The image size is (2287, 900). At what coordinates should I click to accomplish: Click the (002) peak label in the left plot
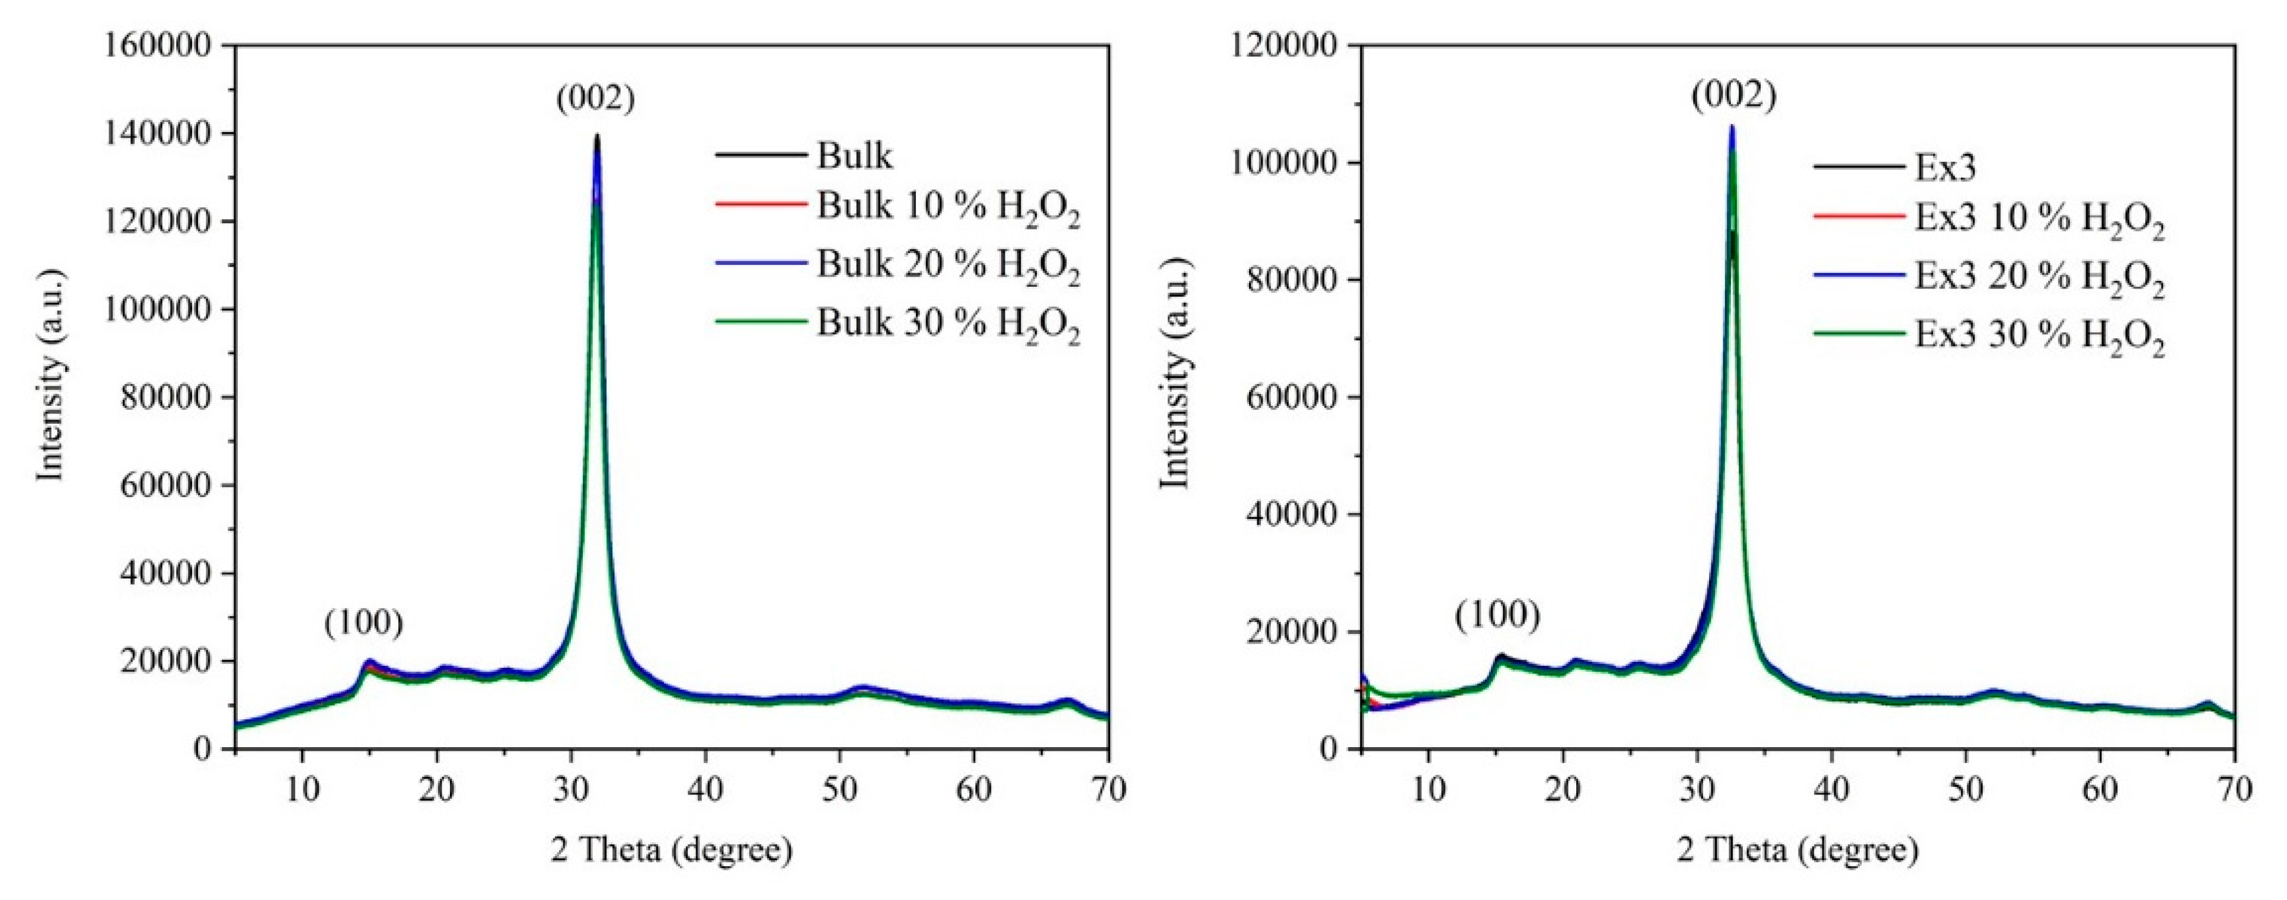click(596, 98)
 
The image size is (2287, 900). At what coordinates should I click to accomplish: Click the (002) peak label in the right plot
click(1733, 95)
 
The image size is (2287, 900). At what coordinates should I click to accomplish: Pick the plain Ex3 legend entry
click(1944, 167)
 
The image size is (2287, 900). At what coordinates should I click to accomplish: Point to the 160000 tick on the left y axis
click(171, 44)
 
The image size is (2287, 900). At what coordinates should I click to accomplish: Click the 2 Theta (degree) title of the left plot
click(671, 850)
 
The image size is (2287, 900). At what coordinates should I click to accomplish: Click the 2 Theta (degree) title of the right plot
click(1798, 850)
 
